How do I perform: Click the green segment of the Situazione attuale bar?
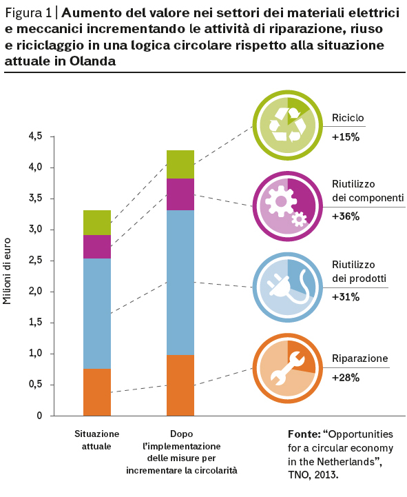pyautogui.click(x=97, y=223)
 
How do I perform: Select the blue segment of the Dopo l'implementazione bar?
pyautogui.click(x=180, y=283)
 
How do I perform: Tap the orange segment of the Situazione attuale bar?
pyautogui.click(x=97, y=392)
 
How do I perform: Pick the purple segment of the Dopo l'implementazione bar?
pyautogui.click(x=180, y=194)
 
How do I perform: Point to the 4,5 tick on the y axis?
pyautogui.click(x=52, y=136)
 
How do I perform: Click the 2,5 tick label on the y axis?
pyautogui.click(x=36, y=261)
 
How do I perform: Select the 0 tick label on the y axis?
pyautogui.click(x=39, y=416)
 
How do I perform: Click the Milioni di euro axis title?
pyautogui.click(x=7, y=272)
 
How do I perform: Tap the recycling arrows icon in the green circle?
pyautogui.click(x=288, y=125)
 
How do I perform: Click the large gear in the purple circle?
pyautogui.click(x=280, y=201)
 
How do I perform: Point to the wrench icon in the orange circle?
pyautogui.click(x=287, y=369)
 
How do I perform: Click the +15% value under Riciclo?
pyautogui.click(x=346, y=137)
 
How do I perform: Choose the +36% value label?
pyautogui.click(x=346, y=216)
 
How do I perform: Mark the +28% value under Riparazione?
pyautogui.click(x=346, y=378)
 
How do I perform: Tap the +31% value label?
pyautogui.click(x=346, y=297)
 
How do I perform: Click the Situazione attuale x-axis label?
pyautogui.click(x=96, y=440)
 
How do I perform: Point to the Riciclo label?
pyautogui.click(x=348, y=118)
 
